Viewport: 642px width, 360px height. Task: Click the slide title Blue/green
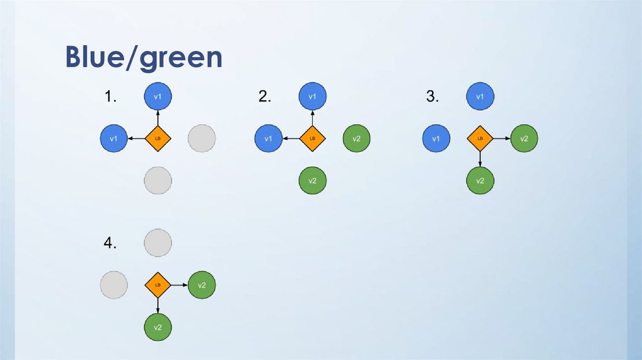coord(144,58)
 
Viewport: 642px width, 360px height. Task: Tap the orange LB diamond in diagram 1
coord(158,138)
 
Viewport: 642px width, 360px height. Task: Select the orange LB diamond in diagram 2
coord(312,138)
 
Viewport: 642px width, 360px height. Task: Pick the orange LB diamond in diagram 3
coord(480,138)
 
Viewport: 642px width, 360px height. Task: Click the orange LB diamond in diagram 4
coord(158,285)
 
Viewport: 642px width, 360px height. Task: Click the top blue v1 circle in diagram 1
coord(158,97)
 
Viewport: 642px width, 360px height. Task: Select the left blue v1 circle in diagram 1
coord(114,138)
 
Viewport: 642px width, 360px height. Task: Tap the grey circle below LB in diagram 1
coord(158,181)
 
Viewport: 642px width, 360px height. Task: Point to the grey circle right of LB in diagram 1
coord(202,138)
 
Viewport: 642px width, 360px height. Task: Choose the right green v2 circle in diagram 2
coord(356,138)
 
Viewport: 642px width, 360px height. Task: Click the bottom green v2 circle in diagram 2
coord(312,181)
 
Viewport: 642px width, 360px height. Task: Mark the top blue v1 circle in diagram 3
coord(480,97)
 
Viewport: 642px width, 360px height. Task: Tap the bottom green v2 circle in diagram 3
coord(480,181)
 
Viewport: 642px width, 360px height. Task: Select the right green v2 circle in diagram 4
coord(202,285)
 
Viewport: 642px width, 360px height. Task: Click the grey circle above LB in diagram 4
coord(158,243)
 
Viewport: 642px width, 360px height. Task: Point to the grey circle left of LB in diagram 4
coord(114,285)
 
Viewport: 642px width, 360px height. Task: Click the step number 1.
coord(111,97)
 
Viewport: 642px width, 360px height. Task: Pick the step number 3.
coord(432,97)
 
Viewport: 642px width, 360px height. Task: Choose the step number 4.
coord(111,244)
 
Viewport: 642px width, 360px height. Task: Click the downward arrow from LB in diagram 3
coord(480,159)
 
